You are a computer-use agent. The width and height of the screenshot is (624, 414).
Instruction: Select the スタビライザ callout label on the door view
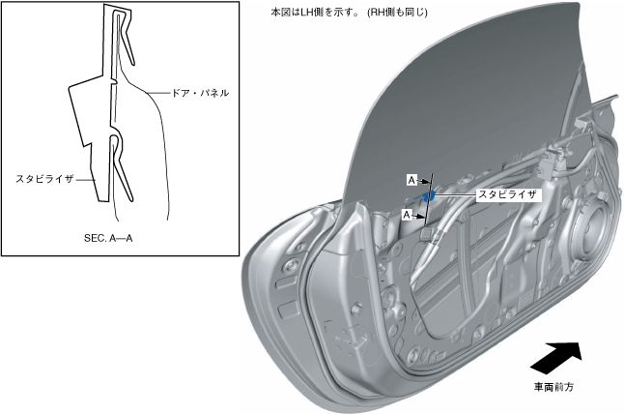[x=508, y=194]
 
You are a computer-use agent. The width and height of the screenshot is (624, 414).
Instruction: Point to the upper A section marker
[x=411, y=181]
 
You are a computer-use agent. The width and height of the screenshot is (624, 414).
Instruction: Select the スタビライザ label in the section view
[x=44, y=179]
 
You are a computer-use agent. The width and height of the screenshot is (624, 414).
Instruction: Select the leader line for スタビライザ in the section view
[x=86, y=178]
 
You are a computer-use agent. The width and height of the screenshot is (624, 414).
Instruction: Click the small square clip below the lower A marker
[x=425, y=232]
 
